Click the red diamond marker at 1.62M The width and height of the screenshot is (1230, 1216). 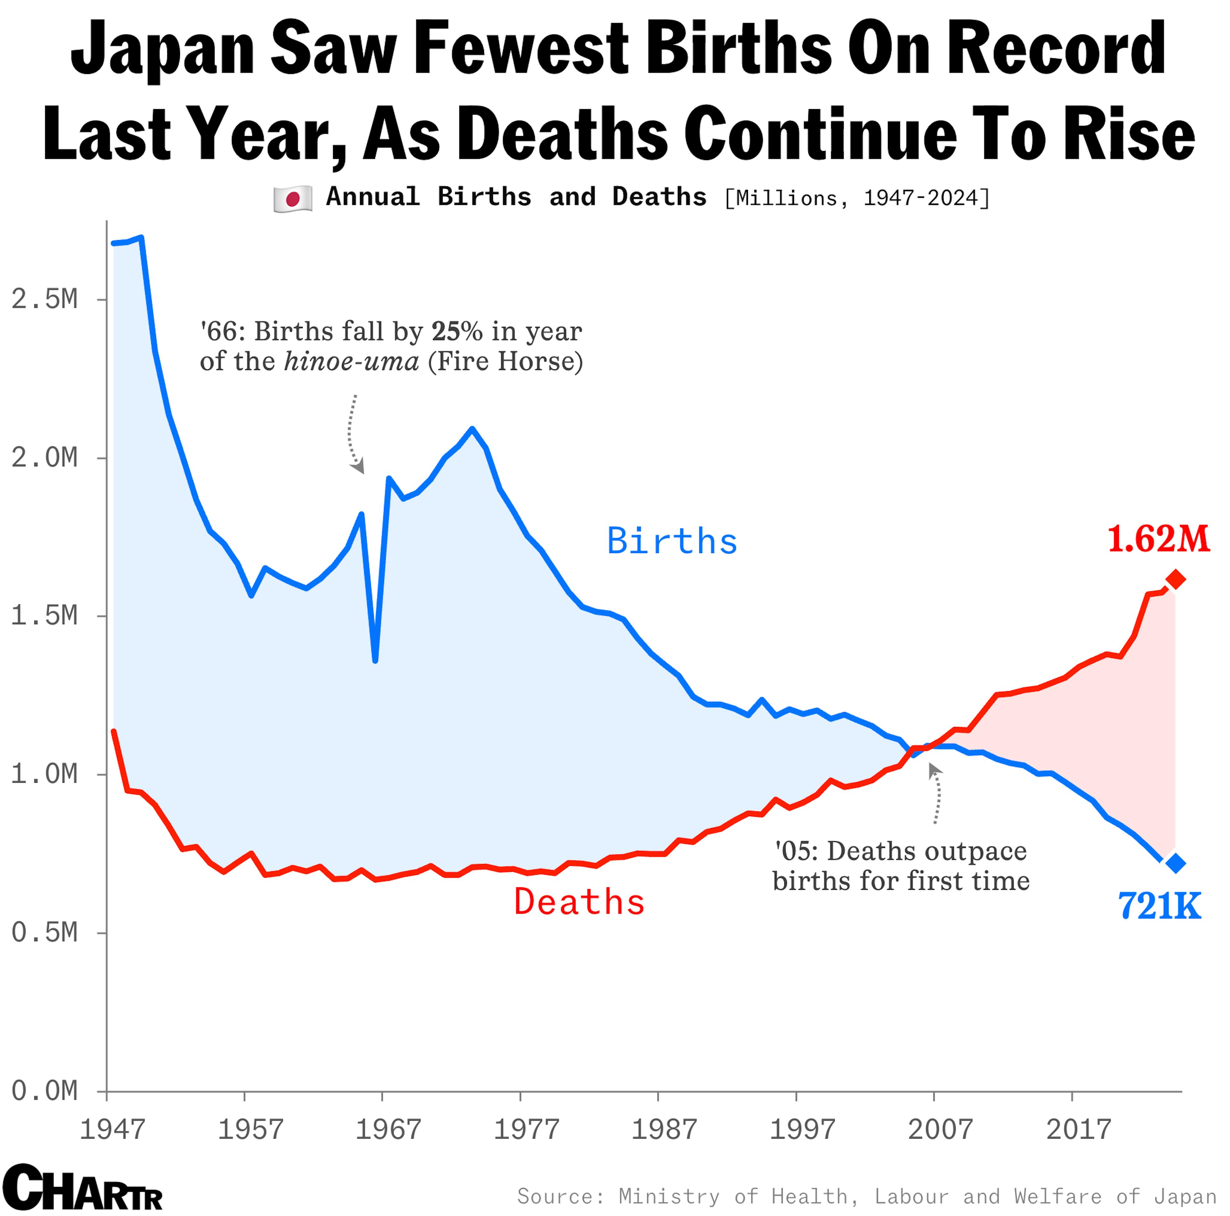pos(1175,580)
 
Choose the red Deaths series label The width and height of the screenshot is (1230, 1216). pos(579,902)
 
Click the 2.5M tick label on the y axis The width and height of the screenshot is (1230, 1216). pos(45,299)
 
